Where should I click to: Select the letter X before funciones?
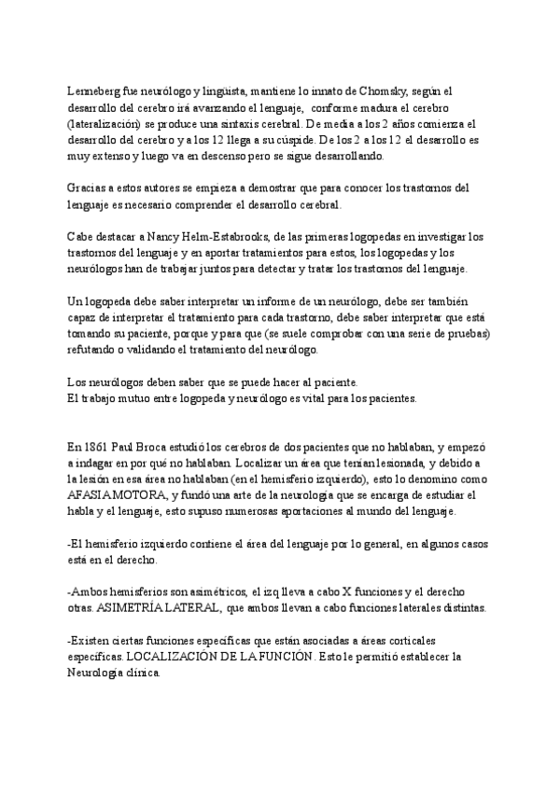click(338, 592)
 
